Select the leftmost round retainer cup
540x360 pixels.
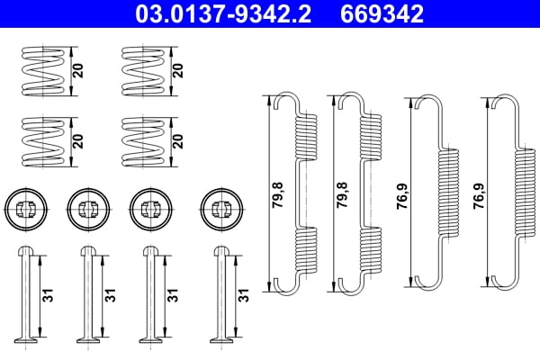pyautogui.click(x=23, y=209)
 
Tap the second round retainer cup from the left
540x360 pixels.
pyautogui.click(x=87, y=209)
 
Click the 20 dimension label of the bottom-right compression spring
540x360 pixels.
pyautogui.click(x=178, y=140)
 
